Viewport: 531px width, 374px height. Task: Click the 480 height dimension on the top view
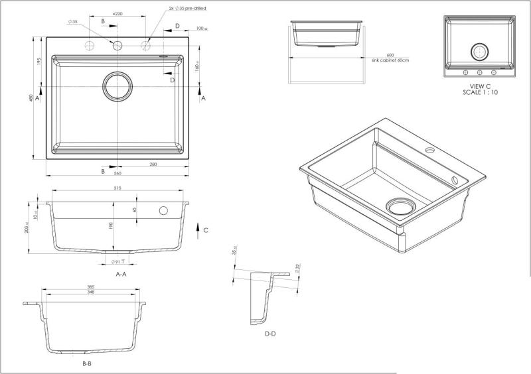31,98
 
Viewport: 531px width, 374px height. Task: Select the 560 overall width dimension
117,174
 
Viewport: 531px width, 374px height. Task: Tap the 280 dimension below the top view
153,164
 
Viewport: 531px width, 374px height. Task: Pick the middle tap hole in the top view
117,46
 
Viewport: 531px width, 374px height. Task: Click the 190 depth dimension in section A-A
112,225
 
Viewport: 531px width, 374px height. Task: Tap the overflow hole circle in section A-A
163,211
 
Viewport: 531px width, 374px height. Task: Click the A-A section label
121,273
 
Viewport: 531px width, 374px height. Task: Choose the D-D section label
270,334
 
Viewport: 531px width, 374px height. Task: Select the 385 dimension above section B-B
90,288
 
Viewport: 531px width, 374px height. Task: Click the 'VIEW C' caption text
480,86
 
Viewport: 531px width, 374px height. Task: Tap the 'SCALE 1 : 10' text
480,93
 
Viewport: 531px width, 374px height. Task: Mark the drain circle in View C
480,51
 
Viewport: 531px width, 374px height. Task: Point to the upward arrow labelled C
198,229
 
